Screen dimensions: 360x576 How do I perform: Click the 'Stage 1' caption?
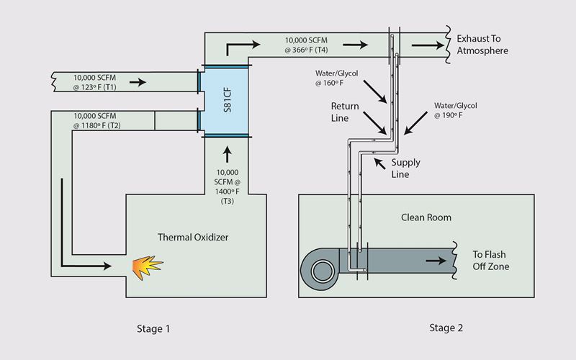point(153,329)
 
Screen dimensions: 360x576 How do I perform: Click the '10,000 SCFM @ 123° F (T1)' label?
point(98,81)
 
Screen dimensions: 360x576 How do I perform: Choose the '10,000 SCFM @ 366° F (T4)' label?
point(310,45)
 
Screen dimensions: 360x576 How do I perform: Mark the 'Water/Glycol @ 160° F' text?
point(336,78)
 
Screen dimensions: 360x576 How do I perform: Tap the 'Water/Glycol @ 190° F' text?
point(454,110)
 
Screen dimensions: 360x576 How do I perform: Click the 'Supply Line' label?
point(405,168)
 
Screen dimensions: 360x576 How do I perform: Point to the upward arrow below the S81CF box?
point(228,153)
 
